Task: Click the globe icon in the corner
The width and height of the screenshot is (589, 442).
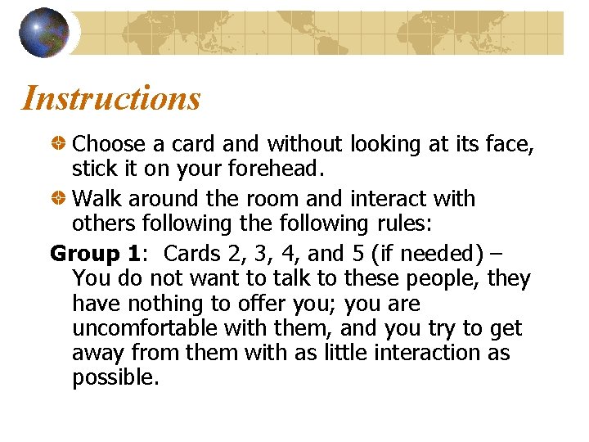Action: (x=43, y=33)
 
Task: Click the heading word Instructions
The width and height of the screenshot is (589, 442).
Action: (x=110, y=99)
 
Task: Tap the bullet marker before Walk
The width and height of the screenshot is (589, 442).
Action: (x=59, y=199)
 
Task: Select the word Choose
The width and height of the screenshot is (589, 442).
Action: (x=110, y=145)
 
